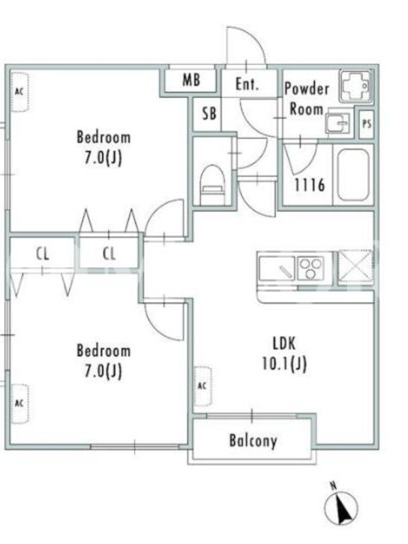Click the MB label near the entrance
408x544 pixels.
(x=191, y=80)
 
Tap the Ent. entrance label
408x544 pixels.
(x=247, y=84)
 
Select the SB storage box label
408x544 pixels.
(x=209, y=114)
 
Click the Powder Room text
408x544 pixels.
(x=307, y=99)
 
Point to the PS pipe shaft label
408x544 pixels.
(x=367, y=124)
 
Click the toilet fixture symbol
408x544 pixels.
(x=213, y=185)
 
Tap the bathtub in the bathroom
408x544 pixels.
(x=353, y=175)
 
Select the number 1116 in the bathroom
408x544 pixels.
(x=310, y=185)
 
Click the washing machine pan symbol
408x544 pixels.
(x=356, y=87)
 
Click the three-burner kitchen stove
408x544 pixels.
(x=311, y=268)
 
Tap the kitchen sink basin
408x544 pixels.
(x=277, y=268)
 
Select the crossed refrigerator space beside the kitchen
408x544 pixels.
(x=356, y=268)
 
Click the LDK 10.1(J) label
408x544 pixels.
(x=284, y=354)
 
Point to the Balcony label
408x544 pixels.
(x=253, y=441)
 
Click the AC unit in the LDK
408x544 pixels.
(x=203, y=386)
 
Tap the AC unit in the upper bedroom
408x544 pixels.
(x=20, y=92)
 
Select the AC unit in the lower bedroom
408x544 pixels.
(x=20, y=403)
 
